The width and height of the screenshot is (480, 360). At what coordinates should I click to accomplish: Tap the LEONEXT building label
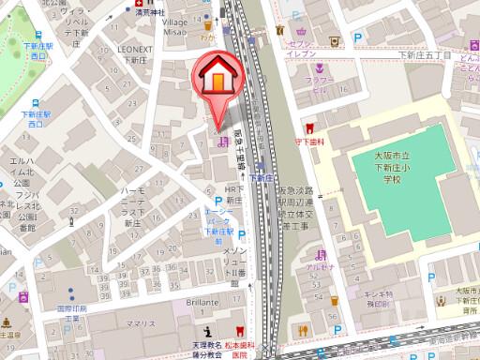135,52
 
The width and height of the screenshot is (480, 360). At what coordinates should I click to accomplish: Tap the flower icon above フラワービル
320,69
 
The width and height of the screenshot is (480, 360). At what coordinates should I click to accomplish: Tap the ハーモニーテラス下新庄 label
132,203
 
